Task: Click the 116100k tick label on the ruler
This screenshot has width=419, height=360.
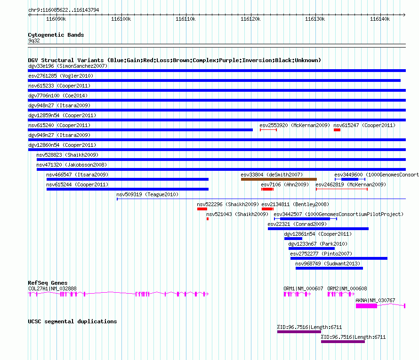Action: click(121, 19)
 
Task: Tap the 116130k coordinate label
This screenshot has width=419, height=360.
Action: click(315, 19)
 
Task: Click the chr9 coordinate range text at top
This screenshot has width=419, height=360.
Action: click(64, 10)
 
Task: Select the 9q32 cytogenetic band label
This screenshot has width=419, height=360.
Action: click(34, 40)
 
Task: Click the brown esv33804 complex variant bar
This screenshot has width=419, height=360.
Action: click(279, 179)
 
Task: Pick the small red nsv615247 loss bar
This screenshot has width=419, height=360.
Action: click(337, 130)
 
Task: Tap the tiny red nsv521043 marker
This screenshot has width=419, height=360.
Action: click(208, 219)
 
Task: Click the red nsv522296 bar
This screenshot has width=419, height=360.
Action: click(202, 209)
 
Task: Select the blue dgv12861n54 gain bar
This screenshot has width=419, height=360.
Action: click(293, 239)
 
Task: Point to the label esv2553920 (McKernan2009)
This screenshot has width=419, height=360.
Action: click(295, 125)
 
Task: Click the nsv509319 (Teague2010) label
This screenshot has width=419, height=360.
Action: click(147, 194)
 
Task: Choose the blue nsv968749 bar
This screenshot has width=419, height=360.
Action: click(329, 268)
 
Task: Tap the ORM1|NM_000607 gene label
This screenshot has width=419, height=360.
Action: click(303, 288)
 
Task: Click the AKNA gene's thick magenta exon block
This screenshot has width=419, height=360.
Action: click(366, 306)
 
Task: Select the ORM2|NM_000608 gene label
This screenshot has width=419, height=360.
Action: click(347, 288)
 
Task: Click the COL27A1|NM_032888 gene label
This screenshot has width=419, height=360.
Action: click(52, 288)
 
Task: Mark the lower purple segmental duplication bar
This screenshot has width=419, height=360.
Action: click(343, 342)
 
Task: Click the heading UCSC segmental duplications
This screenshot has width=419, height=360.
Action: click(73, 321)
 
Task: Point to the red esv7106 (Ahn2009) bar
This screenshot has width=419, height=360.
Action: click(267, 189)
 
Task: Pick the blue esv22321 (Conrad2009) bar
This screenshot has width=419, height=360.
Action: click(318, 229)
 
